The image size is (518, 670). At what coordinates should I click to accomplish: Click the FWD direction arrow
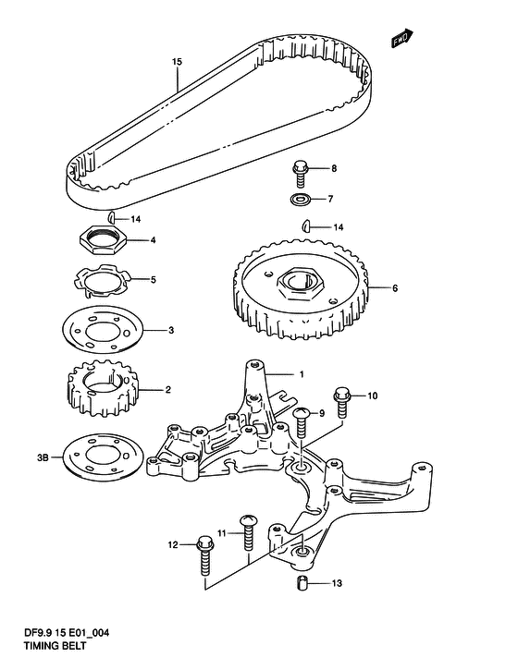pos(401,37)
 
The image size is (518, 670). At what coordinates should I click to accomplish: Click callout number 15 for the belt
pos(177,62)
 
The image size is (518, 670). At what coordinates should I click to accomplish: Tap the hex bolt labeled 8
pos(301,173)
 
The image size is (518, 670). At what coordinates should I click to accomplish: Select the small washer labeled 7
pos(299,199)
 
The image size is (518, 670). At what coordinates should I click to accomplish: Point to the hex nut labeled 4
pos(103,240)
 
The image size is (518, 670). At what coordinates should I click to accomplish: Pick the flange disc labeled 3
pos(103,330)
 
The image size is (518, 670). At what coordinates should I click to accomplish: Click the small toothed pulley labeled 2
pos(103,388)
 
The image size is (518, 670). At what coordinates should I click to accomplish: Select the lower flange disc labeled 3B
pos(103,457)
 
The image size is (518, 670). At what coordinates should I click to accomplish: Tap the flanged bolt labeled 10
pos(342,402)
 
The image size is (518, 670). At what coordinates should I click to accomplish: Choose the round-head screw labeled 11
pos(247,533)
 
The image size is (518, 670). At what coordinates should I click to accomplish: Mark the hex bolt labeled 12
pos(204,556)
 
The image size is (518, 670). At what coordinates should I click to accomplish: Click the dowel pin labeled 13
pos(302,583)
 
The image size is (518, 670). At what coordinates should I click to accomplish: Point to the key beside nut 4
pos(111,217)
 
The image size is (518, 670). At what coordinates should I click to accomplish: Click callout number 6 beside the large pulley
pos(395,288)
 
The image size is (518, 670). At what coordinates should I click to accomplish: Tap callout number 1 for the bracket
pos(302,374)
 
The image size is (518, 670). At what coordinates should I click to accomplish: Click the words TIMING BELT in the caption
pos(55,645)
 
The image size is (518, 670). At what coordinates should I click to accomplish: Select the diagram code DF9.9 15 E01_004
pos(67,633)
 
